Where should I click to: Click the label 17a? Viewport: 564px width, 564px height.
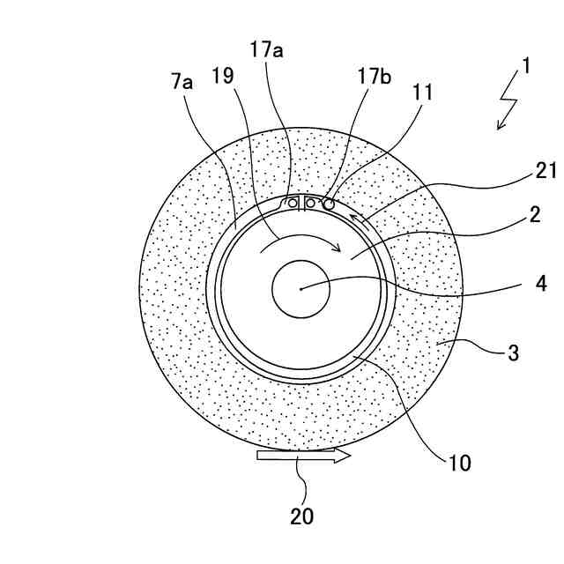click(265, 50)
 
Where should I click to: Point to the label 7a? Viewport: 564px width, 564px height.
click(182, 82)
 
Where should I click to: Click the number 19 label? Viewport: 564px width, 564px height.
click(222, 77)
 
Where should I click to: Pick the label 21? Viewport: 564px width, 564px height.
click(546, 171)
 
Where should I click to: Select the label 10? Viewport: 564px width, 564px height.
click(460, 462)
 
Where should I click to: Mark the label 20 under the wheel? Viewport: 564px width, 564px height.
click(301, 516)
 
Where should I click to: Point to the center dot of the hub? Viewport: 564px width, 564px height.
click(301, 287)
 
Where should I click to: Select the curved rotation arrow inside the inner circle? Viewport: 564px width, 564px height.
click(300, 241)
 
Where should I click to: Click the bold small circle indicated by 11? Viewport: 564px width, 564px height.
click(329, 204)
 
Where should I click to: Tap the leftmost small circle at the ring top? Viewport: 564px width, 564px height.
click(293, 204)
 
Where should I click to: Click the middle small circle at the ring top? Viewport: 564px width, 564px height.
click(310, 204)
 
